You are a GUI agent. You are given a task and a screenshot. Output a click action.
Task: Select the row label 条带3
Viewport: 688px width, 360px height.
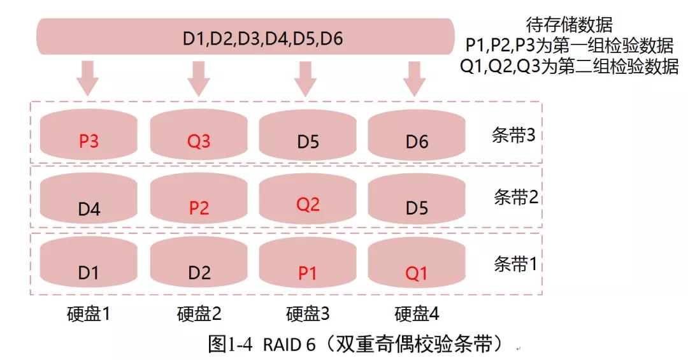tap(515, 136)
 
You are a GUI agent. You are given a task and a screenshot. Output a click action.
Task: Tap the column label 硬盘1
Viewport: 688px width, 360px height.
tap(89, 313)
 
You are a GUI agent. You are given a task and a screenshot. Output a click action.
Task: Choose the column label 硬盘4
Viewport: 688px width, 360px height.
tap(417, 313)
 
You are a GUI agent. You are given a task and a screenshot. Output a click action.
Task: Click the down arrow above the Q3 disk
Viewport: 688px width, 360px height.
tap(198, 77)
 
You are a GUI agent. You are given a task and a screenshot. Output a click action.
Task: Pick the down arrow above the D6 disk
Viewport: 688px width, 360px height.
tap(415, 77)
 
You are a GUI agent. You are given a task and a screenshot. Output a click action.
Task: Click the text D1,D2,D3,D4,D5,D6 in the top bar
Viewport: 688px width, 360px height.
tap(262, 39)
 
